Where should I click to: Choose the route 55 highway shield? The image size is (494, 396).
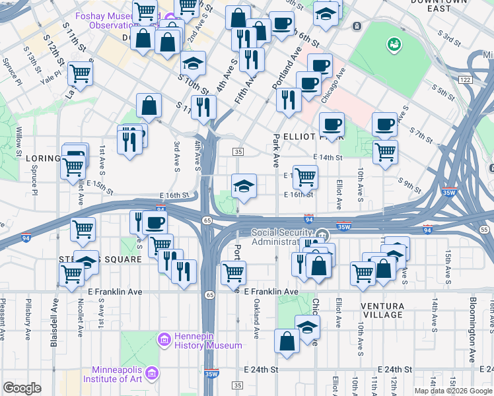coord(484,230)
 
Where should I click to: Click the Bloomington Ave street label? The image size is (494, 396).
coord(473,329)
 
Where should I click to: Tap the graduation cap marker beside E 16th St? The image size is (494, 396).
coord(244,186)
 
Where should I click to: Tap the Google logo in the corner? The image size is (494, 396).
coord(22,388)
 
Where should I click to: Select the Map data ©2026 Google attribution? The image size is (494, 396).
coord(452,391)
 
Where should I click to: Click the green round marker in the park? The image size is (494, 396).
coord(395,44)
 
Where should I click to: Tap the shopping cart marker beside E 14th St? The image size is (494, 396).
coord(385,152)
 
